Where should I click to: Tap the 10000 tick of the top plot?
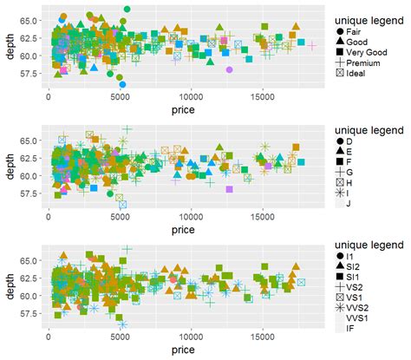tap(191, 98)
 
